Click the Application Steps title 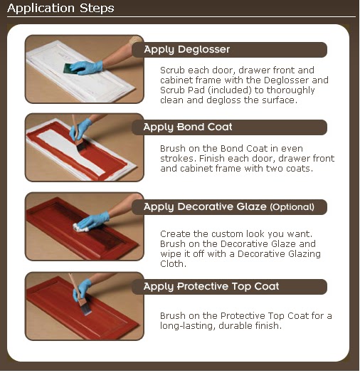(60, 9)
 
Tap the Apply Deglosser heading (187, 50)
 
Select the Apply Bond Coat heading (188, 127)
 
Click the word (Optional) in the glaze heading (292, 207)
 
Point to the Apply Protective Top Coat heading (211, 286)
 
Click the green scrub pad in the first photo (70, 68)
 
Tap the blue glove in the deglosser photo (87, 68)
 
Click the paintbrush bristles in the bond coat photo (81, 145)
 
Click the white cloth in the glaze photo (80, 227)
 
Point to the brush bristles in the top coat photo (85, 310)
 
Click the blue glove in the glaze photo (94, 221)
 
